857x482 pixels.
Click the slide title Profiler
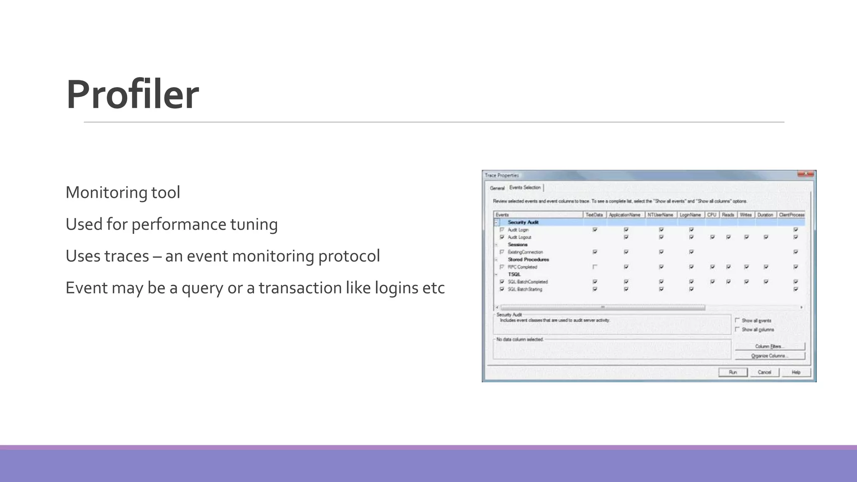[x=132, y=95]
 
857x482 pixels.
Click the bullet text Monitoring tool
[x=123, y=192]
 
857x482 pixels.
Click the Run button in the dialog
[x=733, y=372]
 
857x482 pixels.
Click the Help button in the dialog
[x=795, y=372]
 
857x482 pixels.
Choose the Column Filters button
[x=769, y=346]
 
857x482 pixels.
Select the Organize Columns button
[x=769, y=356]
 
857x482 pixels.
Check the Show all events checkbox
[x=737, y=320]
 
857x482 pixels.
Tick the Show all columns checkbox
[x=737, y=329]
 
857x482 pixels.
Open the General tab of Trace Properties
[x=497, y=188]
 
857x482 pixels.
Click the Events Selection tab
[x=525, y=187]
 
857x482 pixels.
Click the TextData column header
[x=594, y=215]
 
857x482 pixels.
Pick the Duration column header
[x=765, y=215]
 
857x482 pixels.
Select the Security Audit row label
[x=523, y=222]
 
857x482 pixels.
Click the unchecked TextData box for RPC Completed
[x=595, y=267]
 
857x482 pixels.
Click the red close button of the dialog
[x=806, y=174]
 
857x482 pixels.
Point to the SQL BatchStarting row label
[x=525, y=289]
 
